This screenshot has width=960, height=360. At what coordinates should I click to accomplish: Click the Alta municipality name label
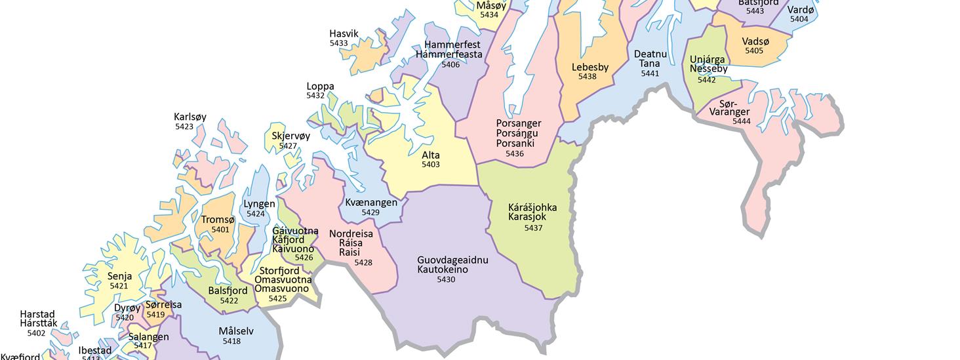click(x=431, y=155)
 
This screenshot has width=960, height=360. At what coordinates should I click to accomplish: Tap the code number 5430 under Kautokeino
click(x=446, y=280)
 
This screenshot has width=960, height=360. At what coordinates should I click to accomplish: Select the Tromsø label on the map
click(x=216, y=220)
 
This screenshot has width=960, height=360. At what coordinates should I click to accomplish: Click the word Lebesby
click(x=590, y=67)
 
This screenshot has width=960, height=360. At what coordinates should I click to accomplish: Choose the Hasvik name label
click(x=344, y=34)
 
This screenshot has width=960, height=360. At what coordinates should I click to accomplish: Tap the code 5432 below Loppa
click(x=315, y=96)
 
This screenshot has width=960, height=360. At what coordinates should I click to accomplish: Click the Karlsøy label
click(x=190, y=117)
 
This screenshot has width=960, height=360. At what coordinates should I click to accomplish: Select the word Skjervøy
click(x=291, y=136)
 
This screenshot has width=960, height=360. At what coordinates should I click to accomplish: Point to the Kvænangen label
click(x=371, y=203)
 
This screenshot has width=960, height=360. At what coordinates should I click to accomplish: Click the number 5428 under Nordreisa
click(x=363, y=263)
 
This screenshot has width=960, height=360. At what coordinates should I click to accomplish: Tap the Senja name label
click(x=119, y=277)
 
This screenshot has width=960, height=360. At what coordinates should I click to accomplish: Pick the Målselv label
click(x=236, y=331)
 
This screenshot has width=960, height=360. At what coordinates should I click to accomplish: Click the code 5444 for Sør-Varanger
click(x=742, y=121)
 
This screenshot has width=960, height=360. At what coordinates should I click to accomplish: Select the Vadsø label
click(x=755, y=41)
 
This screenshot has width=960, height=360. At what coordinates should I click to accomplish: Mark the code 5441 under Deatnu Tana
click(x=650, y=73)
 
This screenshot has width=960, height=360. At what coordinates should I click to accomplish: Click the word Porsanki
click(x=515, y=144)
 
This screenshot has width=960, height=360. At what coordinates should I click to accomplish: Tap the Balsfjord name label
click(x=228, y=291)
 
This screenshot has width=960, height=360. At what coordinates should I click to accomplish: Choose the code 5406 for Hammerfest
click(x=450, y=64)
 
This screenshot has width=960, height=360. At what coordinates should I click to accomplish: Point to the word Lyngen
click(x=259, y=204)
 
